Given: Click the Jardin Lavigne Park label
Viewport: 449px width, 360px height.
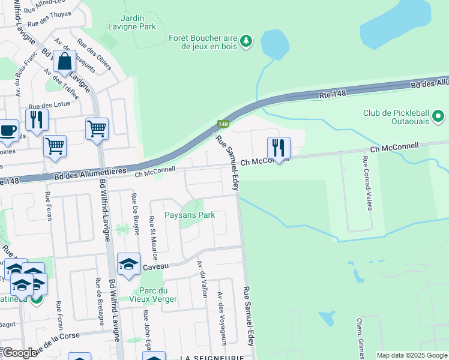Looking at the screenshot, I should (132, 22).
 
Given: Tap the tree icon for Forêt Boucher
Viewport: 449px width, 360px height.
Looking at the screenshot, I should (246, 41).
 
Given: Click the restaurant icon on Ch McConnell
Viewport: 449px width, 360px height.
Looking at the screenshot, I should (279, 148).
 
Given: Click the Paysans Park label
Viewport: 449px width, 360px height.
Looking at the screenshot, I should (190, 214).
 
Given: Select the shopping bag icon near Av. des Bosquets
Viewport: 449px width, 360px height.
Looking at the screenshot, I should (64, 61).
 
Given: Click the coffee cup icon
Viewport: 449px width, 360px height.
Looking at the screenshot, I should (7, 131).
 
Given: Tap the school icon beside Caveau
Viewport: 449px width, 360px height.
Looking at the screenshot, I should (128, 264).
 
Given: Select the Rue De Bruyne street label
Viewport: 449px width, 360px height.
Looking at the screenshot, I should (134, 211).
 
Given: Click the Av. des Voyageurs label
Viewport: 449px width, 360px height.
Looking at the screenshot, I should (222, 319).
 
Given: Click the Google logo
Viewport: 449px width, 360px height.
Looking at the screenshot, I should (20, 353).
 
